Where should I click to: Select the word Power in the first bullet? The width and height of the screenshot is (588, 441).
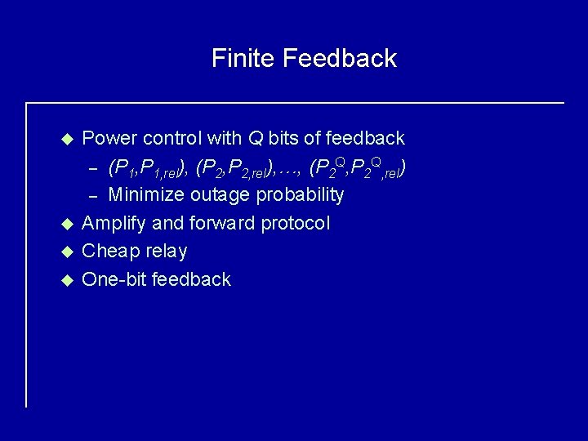click(110, 139)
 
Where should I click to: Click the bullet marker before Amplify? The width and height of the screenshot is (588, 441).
click(69, 224)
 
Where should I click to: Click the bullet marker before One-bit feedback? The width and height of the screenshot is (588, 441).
click(69, 280)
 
